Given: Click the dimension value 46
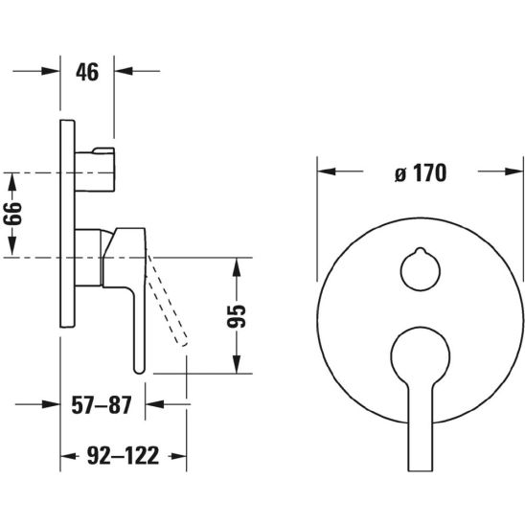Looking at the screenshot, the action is click(87, 72).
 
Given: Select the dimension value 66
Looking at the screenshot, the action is click(12, 214).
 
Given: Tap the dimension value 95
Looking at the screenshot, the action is click(237, 316).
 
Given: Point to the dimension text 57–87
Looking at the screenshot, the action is click(102, 405).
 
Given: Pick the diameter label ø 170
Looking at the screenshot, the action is click(421, 172).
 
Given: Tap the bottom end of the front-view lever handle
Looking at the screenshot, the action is click(421, 470).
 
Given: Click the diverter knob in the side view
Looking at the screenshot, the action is click(95, 170).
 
